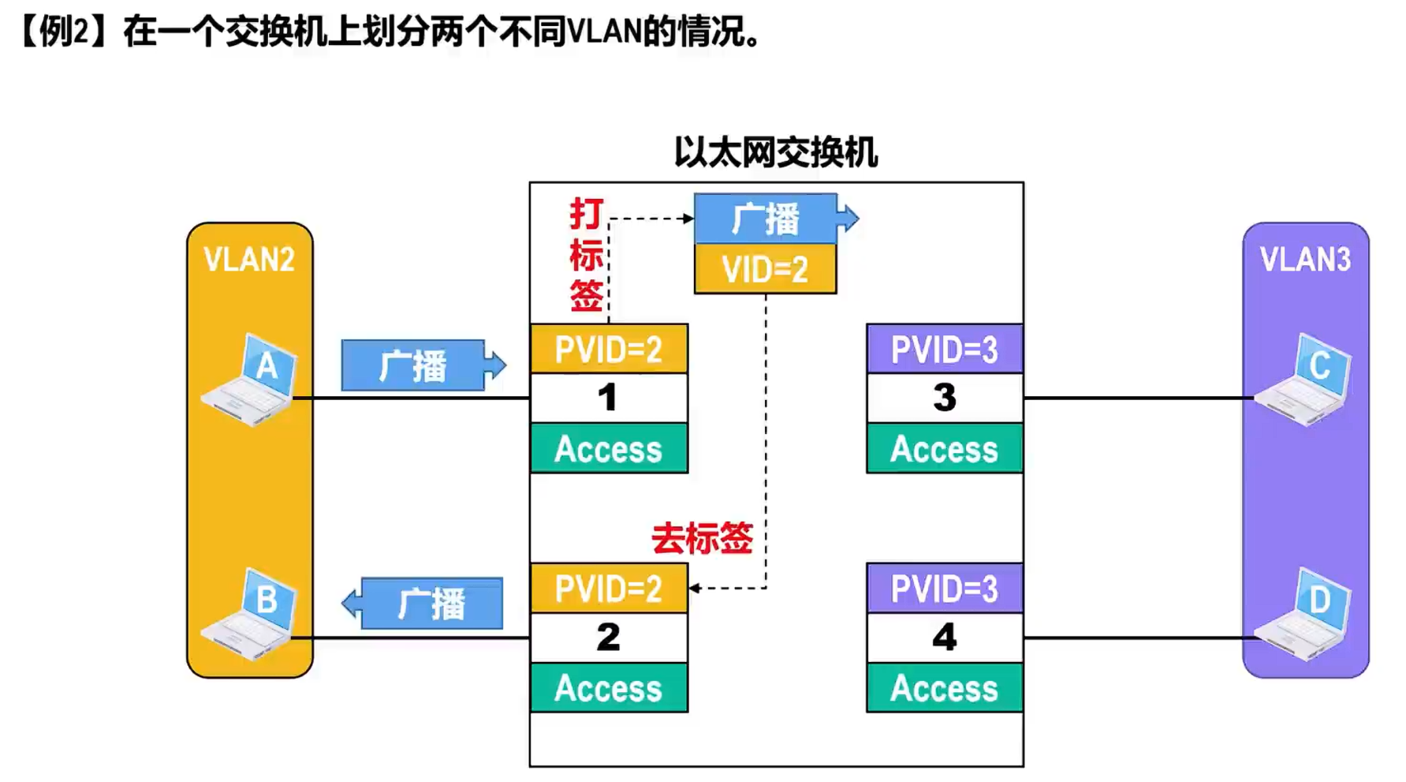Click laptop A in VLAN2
[x=251, y=380]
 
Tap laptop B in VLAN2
[x=251, y=614]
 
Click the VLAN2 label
[x=249, y=260]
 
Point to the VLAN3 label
[x=1305, y=260]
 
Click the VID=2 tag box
[x=765, y=269]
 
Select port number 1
[x=607, y=398]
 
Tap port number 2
[x=607, y=638]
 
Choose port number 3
[x=944, y=398]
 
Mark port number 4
[x=944, y=638]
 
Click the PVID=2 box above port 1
[x=608, y=349]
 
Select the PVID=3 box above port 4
[x=944, y=589]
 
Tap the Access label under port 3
[x=944, y=449]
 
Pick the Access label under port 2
[x=608, y=688]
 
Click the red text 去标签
[x=702, y=539]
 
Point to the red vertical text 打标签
[x=587, y=256]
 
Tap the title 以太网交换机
[x=776, y=152]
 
